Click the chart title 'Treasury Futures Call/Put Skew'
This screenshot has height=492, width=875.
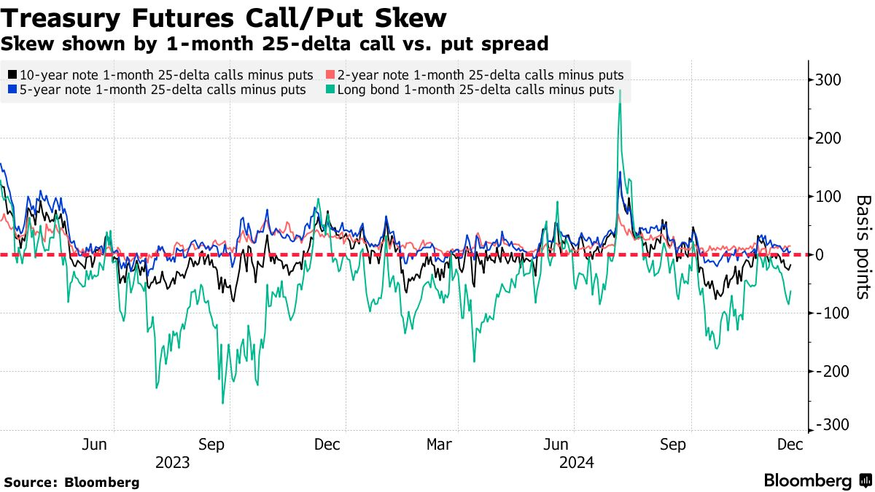point(223,18)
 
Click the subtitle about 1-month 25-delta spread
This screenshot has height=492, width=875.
point(274,44)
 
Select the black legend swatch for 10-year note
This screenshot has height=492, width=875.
point(12,74)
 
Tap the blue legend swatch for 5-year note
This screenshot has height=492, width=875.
point(12,90)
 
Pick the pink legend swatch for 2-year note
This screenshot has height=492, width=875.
point(330,74)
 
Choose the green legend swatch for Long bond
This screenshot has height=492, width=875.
point(330,90)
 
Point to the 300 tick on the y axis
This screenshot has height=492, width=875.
point(828,80)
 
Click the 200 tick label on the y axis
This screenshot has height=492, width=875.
point(828,138)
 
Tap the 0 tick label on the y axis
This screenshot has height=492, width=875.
point(819,255)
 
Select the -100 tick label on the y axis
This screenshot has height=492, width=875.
point(831,313)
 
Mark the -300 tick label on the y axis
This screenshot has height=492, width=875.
point(831,425)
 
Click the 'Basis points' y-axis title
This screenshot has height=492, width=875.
point(863,247)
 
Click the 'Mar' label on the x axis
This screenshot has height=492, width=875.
point(439,445)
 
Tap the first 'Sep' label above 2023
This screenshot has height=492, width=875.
point(211,445)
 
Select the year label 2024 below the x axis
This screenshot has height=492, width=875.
point(577,463)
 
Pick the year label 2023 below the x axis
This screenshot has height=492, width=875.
point(172,463)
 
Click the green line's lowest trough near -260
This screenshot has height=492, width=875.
point(223,403)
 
